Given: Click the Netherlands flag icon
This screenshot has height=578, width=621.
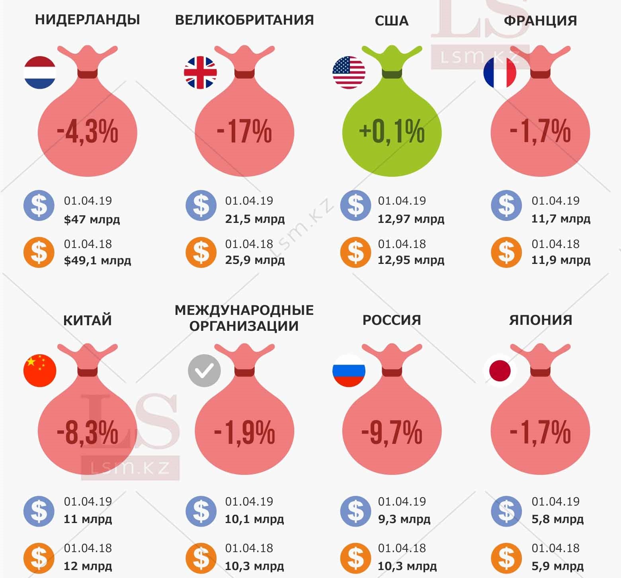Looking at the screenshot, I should tap(40, 72).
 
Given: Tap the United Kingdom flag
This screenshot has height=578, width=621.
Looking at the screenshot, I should tap(200, 72).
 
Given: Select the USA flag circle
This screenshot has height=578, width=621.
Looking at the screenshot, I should tap(349, 72).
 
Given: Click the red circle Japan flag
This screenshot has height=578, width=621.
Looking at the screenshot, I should tap(500, 370).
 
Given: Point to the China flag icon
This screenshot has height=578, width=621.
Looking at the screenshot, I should tap(40, 370).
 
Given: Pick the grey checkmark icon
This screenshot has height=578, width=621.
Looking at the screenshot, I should tap(204, 371).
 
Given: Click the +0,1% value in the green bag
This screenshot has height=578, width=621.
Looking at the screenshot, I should tap(392, 131).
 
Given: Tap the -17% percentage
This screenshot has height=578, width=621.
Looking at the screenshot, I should tap(244, 131).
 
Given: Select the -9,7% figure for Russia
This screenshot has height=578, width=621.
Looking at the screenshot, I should tap(392, 432).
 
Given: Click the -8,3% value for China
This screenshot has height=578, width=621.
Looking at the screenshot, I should tap(88, 432).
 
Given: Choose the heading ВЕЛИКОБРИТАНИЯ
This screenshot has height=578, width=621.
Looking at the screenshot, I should tap(244, 20).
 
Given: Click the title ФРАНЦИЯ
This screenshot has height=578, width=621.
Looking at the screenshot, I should tap(540, 21).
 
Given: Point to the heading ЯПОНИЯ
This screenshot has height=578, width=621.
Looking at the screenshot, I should tap(540, 320).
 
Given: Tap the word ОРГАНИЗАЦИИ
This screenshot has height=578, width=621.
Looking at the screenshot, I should tap(244, 326).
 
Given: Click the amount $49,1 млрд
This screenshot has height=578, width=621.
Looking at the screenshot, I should tap(98, 261).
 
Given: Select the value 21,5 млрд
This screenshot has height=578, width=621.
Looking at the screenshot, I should tap(255, 219).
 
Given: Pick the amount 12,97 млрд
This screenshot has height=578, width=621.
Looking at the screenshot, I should tap(411, 219).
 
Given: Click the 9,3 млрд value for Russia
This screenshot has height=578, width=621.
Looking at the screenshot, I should tap(404, 519).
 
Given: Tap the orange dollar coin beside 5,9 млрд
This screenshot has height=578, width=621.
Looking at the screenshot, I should tap(506, 557).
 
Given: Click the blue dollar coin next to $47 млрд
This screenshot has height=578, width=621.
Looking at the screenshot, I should tap(39, 205).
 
